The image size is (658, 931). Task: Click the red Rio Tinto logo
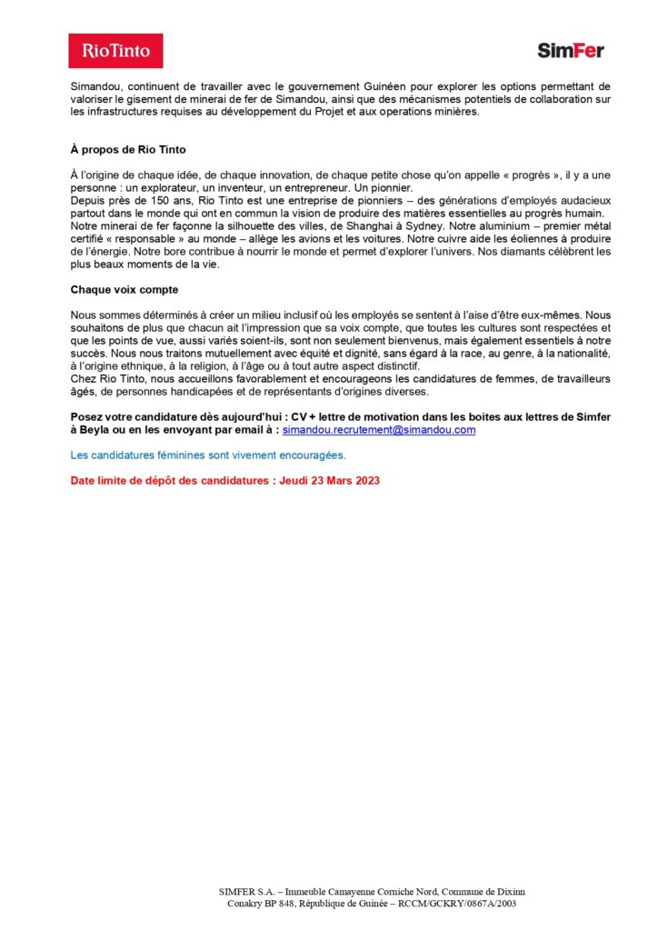coord(115,51)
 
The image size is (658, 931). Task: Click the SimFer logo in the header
coord(570,51)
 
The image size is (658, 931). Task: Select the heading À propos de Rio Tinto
coord(128,149)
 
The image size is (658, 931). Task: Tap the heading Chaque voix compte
coord(125,289)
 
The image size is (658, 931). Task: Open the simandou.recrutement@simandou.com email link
coord(379,430)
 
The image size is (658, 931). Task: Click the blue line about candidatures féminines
coord(208,455)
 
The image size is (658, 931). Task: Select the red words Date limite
coord(99,479)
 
